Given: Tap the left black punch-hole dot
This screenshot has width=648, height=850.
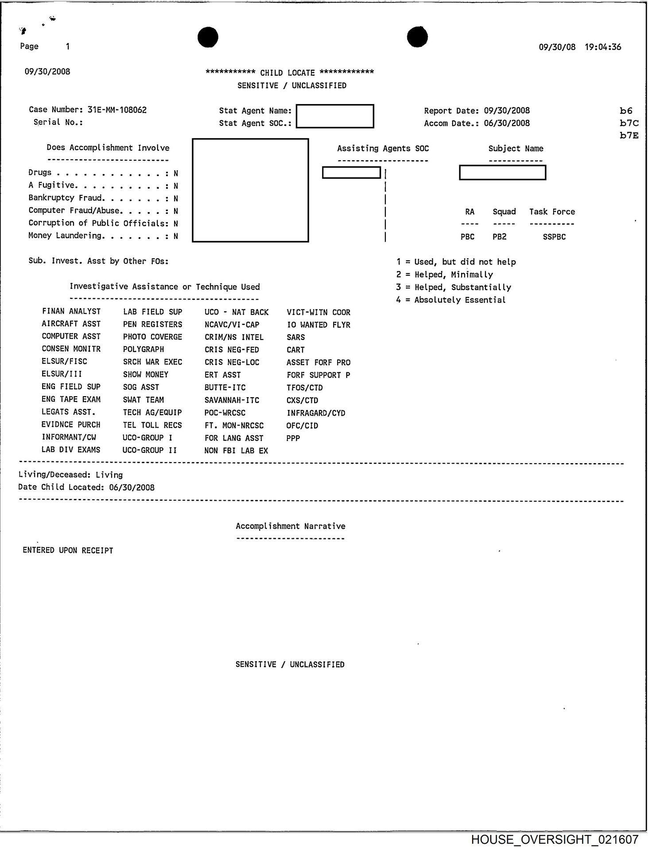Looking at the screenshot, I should pyautogui.click(x=208, y=37).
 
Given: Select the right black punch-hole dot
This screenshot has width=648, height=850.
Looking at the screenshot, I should pyautogui.click(x=417, y=37).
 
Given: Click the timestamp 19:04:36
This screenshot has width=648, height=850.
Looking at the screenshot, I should pyautogui.click(x=603, y=47).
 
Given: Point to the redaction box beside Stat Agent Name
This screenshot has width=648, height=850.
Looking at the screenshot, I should pyautogui.click(x=335, y=116).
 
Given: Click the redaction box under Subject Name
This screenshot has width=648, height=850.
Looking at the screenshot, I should pyautogui.click(x=502, y=173).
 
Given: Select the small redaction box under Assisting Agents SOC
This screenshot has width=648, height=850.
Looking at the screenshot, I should pyautogui.click(x=351, y=173).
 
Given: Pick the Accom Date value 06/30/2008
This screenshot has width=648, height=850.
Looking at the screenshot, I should pyautogui.click(x=507, y=123).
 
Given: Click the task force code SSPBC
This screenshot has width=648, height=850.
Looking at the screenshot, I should pyautogui.click(x=554, y=237).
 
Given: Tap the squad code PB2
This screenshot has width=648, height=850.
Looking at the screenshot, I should pyautogui.click(x=499, y=237).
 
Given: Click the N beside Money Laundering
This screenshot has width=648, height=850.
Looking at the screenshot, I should pyautogui.click(x=176, y=236).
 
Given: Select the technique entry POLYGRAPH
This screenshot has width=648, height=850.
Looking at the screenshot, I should pyautogui.click(x=144, y=349).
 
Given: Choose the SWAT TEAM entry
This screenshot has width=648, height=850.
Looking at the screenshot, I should pyautogui.click(x=144, y=400).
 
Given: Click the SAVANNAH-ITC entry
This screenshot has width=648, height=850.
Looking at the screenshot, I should pyautogui.click(x=232, y=400).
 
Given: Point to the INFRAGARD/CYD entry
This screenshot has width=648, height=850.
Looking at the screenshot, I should pyautogui.click(x=316, y=413).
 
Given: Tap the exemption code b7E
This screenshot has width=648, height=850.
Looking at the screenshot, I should pyautogui.click(x=629, y=135).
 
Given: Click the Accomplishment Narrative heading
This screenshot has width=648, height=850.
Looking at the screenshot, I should pyautogui.click(x=290, y=526).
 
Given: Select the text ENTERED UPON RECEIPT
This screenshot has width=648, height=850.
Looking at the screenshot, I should pyautogui.click(x=68, y=550).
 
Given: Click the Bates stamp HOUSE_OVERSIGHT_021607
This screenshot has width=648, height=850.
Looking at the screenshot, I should pyautogui.click(x=555, y=839).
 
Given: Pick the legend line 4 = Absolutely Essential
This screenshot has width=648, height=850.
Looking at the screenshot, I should pyautogui.click(x=451, y=300).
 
